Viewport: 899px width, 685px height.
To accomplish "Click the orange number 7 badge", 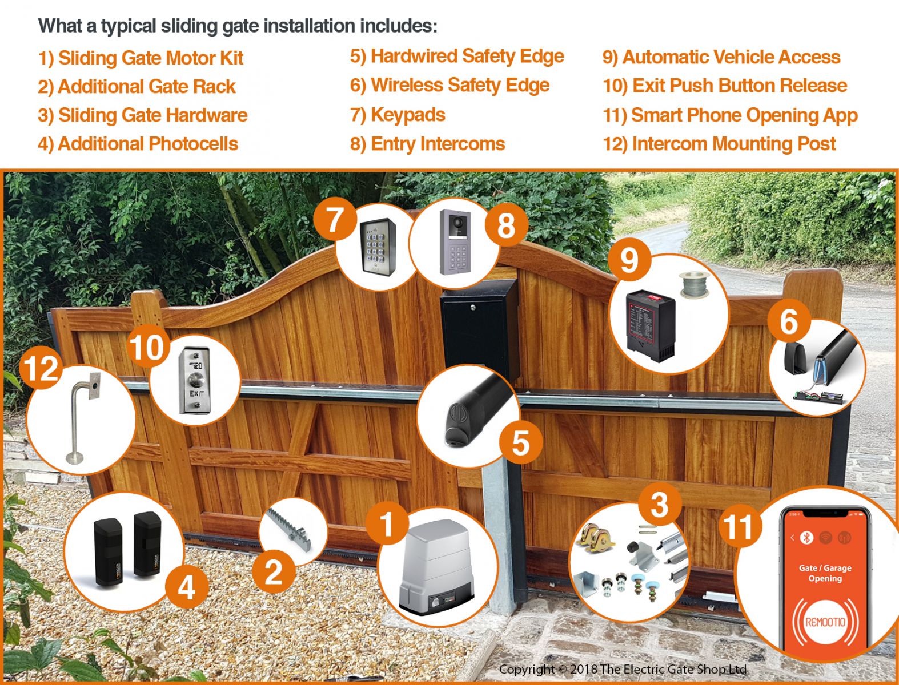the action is pos(335,220).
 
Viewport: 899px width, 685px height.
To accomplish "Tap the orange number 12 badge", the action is pos(41,369).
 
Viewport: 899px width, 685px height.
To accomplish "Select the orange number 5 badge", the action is pos(521,443).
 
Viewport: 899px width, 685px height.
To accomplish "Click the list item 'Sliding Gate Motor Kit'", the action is pos(141,58).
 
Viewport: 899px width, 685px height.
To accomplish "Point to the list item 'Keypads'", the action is pos(398,115).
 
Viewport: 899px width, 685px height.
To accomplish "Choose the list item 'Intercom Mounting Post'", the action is pos(719,144).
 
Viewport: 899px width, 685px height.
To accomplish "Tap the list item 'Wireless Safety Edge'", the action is pos(450,86).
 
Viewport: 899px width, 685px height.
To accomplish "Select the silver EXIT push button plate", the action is pos(195,381).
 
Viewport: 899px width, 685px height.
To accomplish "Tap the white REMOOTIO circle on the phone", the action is pos(825,622).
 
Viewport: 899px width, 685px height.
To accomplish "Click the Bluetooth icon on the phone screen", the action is pos(806,537).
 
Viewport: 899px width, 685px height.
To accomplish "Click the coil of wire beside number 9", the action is pos(694,284).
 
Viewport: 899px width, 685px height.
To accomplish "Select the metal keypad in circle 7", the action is pos(378,247).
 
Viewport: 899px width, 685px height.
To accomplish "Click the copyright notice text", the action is pos(623,670).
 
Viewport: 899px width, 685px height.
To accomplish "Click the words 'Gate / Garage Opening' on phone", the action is pos(825,573).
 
